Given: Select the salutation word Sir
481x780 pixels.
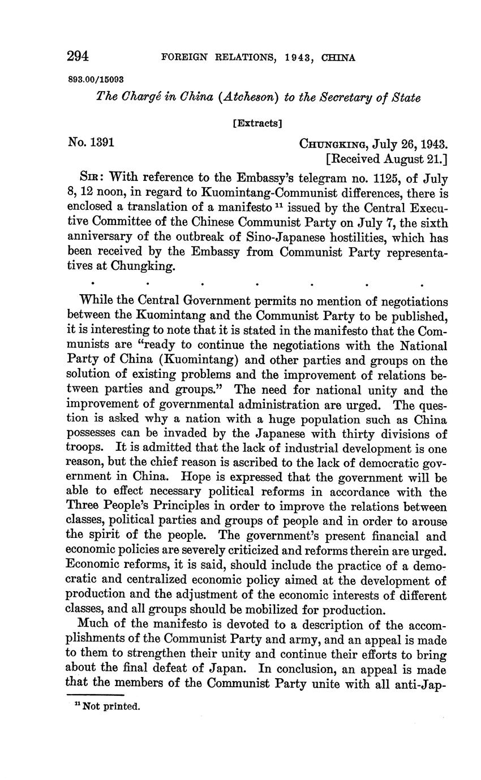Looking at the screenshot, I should pyautogui.click(x=93, y=179).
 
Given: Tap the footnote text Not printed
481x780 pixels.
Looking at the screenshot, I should pyautogui.click(x=111, y=706).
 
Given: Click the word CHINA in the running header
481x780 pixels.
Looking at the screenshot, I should pyautogui.click(x=338, y=57).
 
